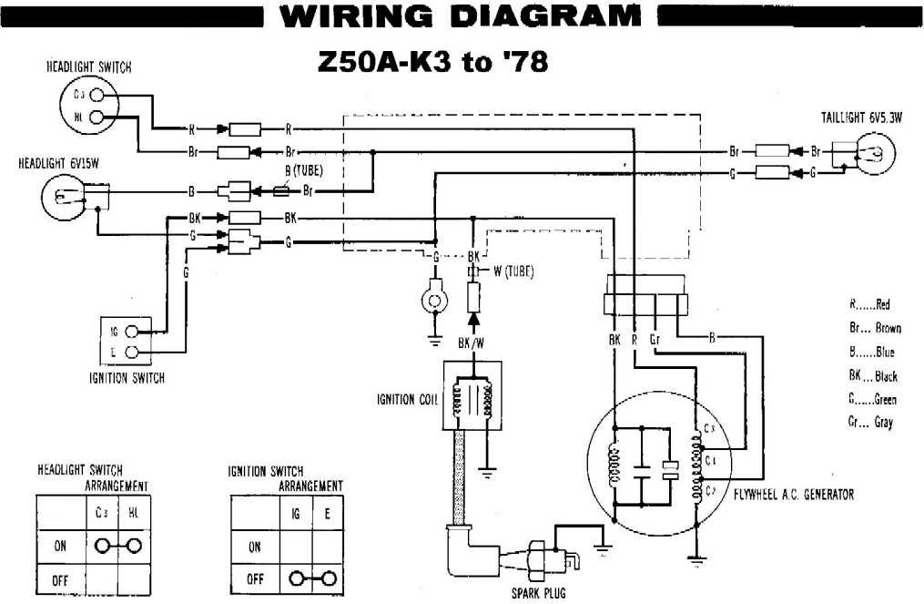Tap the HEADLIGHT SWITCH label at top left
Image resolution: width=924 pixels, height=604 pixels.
point(89,67)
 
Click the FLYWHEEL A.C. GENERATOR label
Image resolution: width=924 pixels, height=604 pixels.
point(794,494)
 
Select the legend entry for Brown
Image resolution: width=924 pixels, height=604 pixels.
point(874,328)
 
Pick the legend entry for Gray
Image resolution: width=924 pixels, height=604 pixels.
point(871,422)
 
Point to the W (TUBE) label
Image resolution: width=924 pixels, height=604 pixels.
point(513,271)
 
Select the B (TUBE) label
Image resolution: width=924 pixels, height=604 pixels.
point(304,170)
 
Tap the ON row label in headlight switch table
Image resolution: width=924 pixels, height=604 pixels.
point(61,547)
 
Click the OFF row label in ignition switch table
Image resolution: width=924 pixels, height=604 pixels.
point(255,579)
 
